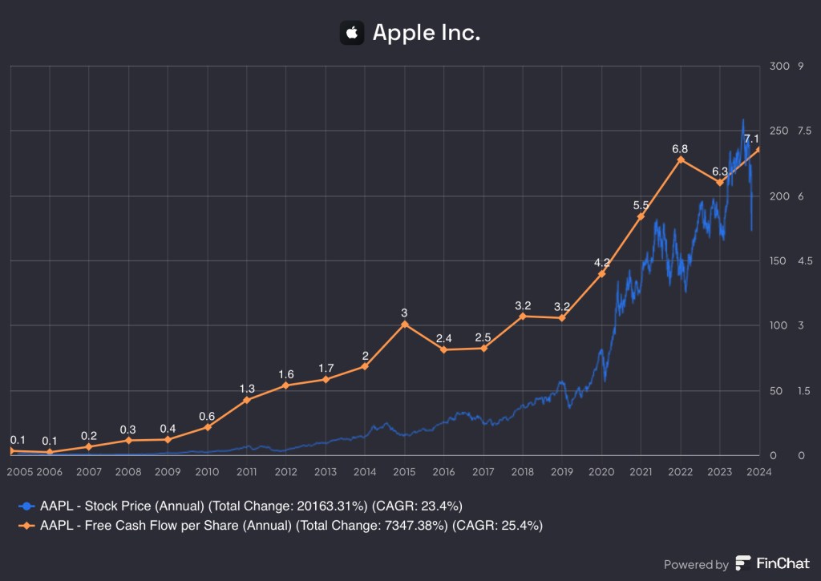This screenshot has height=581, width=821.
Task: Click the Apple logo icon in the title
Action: (x=351, y=33)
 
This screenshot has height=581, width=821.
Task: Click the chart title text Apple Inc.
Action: (x=426, y=33)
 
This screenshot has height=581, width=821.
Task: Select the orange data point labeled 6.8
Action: (x=681, y=159)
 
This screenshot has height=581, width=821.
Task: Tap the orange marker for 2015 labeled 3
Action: (x=405, y=324)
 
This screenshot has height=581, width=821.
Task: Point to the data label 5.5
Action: (x=641, y=205)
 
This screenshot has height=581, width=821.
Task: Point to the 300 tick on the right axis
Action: (x=779, y=66)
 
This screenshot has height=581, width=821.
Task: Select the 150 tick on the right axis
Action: (x=779, y=261)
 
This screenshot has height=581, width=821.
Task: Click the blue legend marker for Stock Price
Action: (x=28, y=506)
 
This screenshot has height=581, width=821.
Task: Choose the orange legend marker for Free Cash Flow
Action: (x=28, y=526)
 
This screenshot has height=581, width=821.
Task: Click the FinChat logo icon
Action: (x=743, y=563)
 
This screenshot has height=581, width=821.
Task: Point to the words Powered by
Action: (x=696, y=564)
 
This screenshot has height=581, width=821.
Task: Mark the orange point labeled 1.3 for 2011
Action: (x=247, y=400)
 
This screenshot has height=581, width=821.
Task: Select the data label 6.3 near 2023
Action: (x=720, y=171)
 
